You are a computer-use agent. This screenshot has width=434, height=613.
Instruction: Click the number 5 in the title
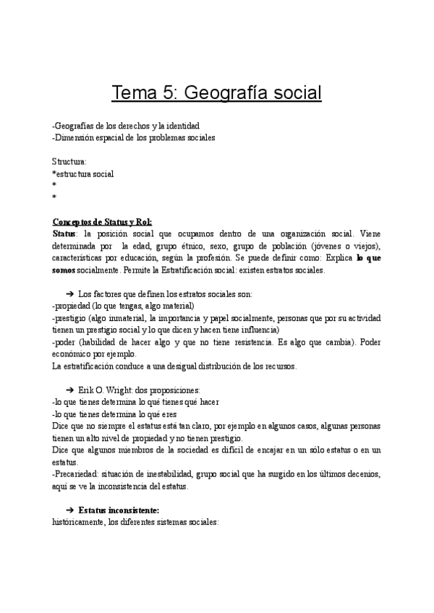click(x=169, y=93)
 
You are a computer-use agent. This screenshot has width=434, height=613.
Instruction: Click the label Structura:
click(x=69, y=161)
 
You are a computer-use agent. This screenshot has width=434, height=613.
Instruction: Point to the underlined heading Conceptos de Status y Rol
click(x=102, y=222)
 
